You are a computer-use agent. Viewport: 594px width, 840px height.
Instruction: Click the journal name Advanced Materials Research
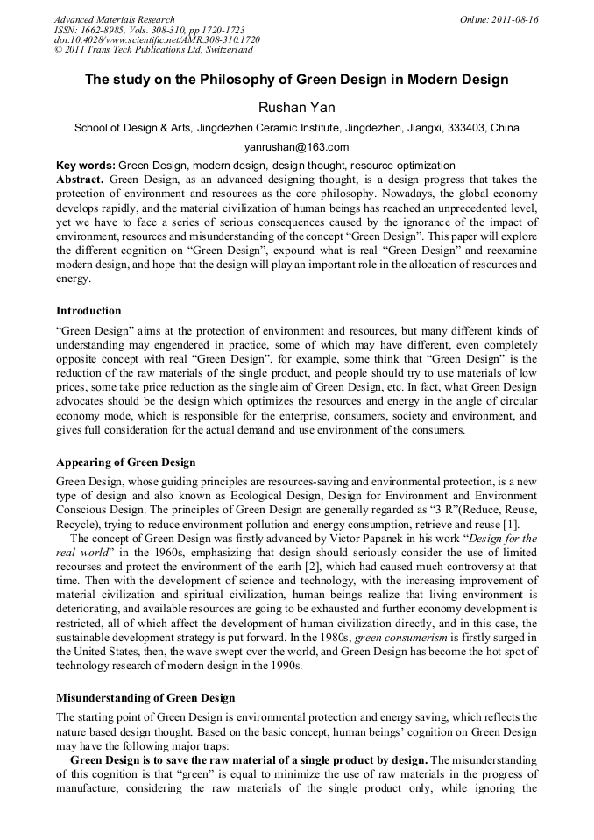pos(115,19)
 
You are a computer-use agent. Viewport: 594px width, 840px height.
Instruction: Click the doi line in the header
pos(157,40)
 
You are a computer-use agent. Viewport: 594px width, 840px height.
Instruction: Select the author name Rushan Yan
pos(296,107)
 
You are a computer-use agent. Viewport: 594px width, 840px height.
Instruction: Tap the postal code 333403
pos(466,128)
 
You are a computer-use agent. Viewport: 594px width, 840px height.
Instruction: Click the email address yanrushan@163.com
pos(296,147)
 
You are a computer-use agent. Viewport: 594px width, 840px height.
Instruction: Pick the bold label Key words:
pos(85,166)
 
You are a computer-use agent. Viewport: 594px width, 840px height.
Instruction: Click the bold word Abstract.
pos(80,179)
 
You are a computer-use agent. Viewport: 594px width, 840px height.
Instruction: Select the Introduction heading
pos(88,311)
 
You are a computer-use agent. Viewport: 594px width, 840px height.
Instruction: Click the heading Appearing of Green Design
pos(126,462)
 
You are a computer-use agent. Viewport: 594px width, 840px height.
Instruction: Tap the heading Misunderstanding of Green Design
pos(145,698)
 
